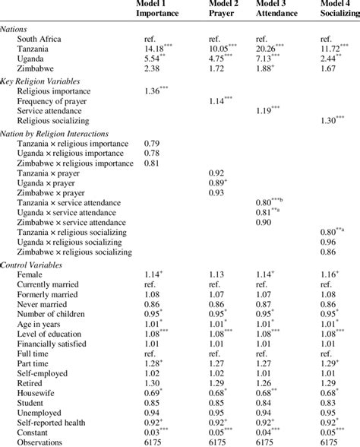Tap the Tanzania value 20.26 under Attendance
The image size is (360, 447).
tap(270, 47)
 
